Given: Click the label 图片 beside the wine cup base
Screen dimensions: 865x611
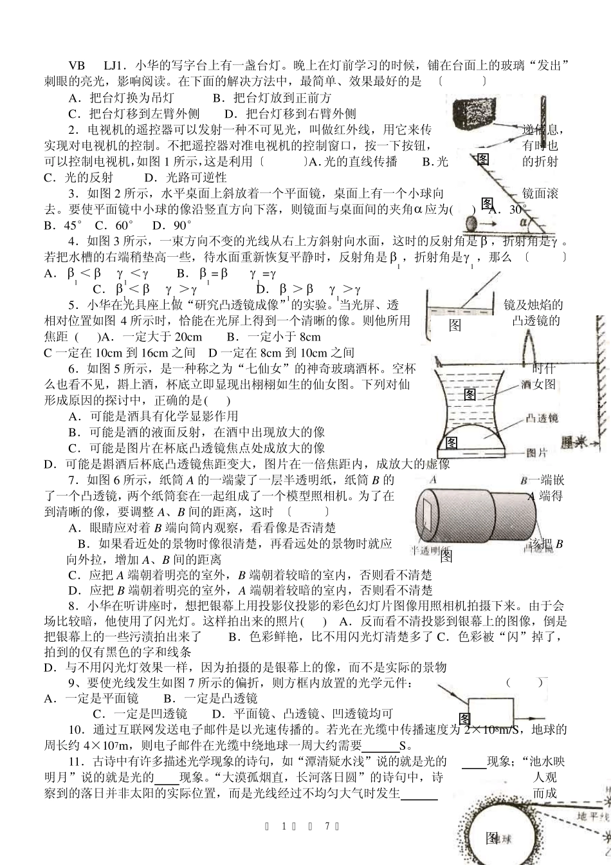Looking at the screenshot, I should pos(536,452).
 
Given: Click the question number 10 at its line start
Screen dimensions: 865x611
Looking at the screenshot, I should pos(75,730).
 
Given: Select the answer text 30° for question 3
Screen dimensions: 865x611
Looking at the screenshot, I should pos(516,210).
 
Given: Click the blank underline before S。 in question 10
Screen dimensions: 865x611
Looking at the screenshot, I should pos(380,747).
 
